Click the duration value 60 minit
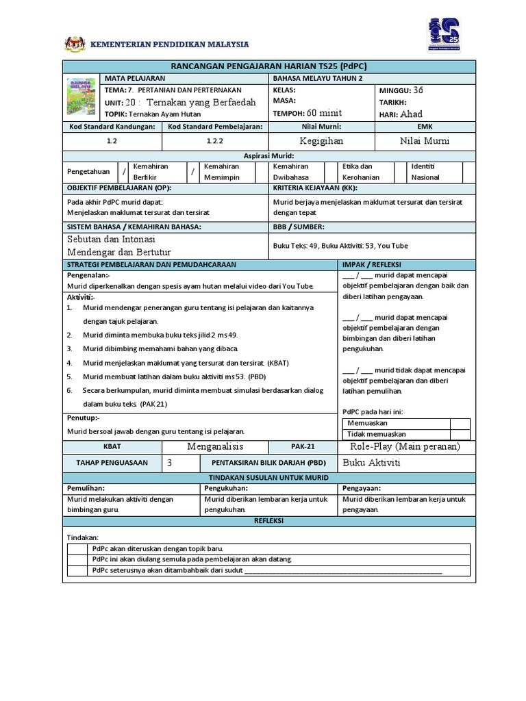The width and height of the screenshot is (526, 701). click(325, 113)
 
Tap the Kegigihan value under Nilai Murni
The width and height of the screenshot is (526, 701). click(321, 140)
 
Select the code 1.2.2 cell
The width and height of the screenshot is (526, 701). click(215, 140)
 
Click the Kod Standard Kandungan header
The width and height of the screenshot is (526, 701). click(112, 127)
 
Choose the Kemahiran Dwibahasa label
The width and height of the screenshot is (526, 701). click(291, 172)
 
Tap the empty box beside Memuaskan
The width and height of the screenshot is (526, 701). click(450, 423)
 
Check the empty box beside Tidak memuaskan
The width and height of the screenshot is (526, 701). click(450, 434)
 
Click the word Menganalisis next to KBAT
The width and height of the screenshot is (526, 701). click(215, 446)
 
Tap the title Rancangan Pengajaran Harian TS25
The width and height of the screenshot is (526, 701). click(268, 66)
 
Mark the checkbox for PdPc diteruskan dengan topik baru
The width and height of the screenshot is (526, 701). click(78, 549)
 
